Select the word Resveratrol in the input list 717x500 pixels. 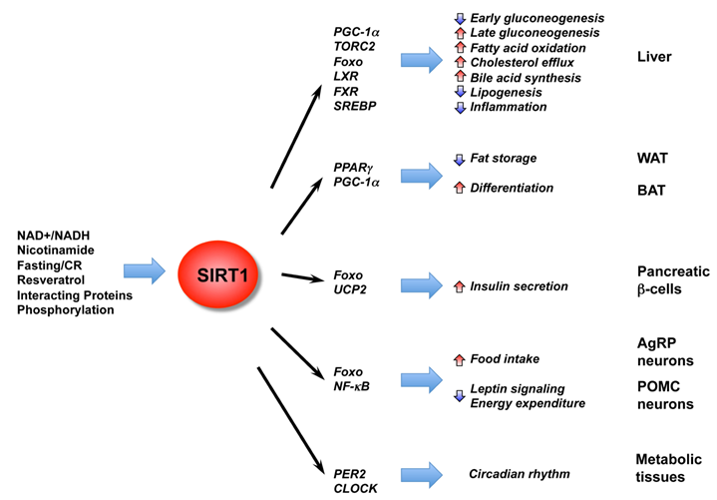point(55,280)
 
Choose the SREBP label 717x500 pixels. point(356,105)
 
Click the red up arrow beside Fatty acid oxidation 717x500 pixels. point(459,48)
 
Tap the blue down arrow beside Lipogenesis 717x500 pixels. point(459,92)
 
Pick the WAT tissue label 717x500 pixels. point(653,158)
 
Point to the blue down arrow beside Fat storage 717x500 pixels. point(459,159)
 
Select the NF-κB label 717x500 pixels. point(354,386)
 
